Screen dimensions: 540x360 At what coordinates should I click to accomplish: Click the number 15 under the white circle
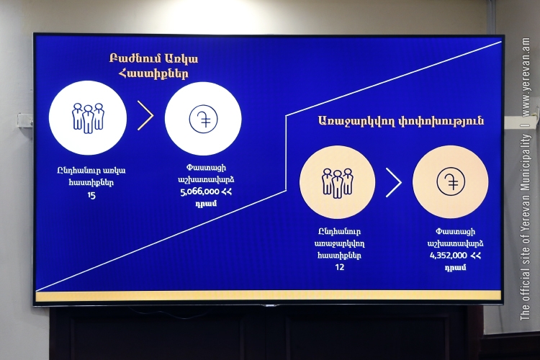[x=91, y=195]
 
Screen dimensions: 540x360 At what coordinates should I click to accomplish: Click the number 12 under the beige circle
[x=339, y=267]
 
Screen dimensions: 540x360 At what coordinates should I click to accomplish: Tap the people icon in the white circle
[x=88, y=118]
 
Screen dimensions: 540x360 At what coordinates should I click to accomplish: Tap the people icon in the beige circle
[x=338, y=184]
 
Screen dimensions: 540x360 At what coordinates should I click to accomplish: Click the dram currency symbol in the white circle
[x=203, y=120]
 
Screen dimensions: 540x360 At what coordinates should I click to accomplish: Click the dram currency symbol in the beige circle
[x=451, y=181]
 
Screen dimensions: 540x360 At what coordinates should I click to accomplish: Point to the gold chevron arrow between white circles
[x=145, y=115]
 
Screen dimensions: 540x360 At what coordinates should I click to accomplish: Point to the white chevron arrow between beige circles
[x=394, y=183]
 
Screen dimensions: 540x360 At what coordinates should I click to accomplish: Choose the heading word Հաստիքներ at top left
[x=153, y=73]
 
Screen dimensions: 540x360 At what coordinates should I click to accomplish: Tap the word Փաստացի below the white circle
[x=206, y=168]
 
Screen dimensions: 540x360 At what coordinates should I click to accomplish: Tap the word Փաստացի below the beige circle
[x=455, y=232]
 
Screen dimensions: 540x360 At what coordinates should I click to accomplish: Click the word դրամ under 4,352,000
[x=455, y=267]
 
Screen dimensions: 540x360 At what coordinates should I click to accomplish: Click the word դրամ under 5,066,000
[x=206, y=203]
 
